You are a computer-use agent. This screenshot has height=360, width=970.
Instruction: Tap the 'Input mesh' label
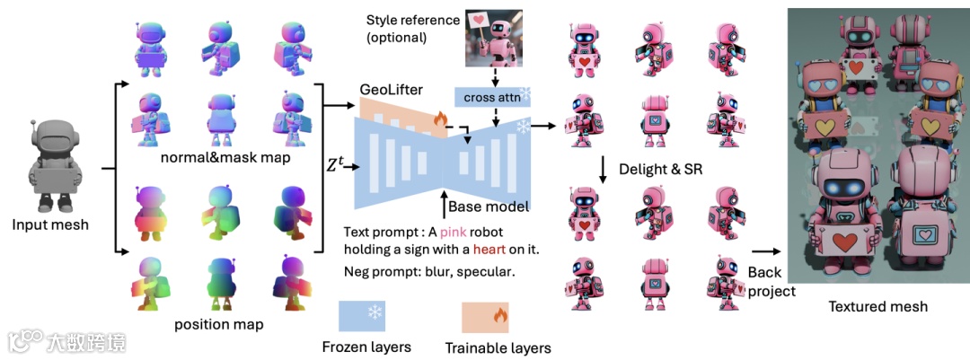[x=51, y=224]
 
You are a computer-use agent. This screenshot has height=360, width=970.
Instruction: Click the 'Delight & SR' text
[x=653, y=167]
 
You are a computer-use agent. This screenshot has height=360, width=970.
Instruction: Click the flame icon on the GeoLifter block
[x=440, y=119]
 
